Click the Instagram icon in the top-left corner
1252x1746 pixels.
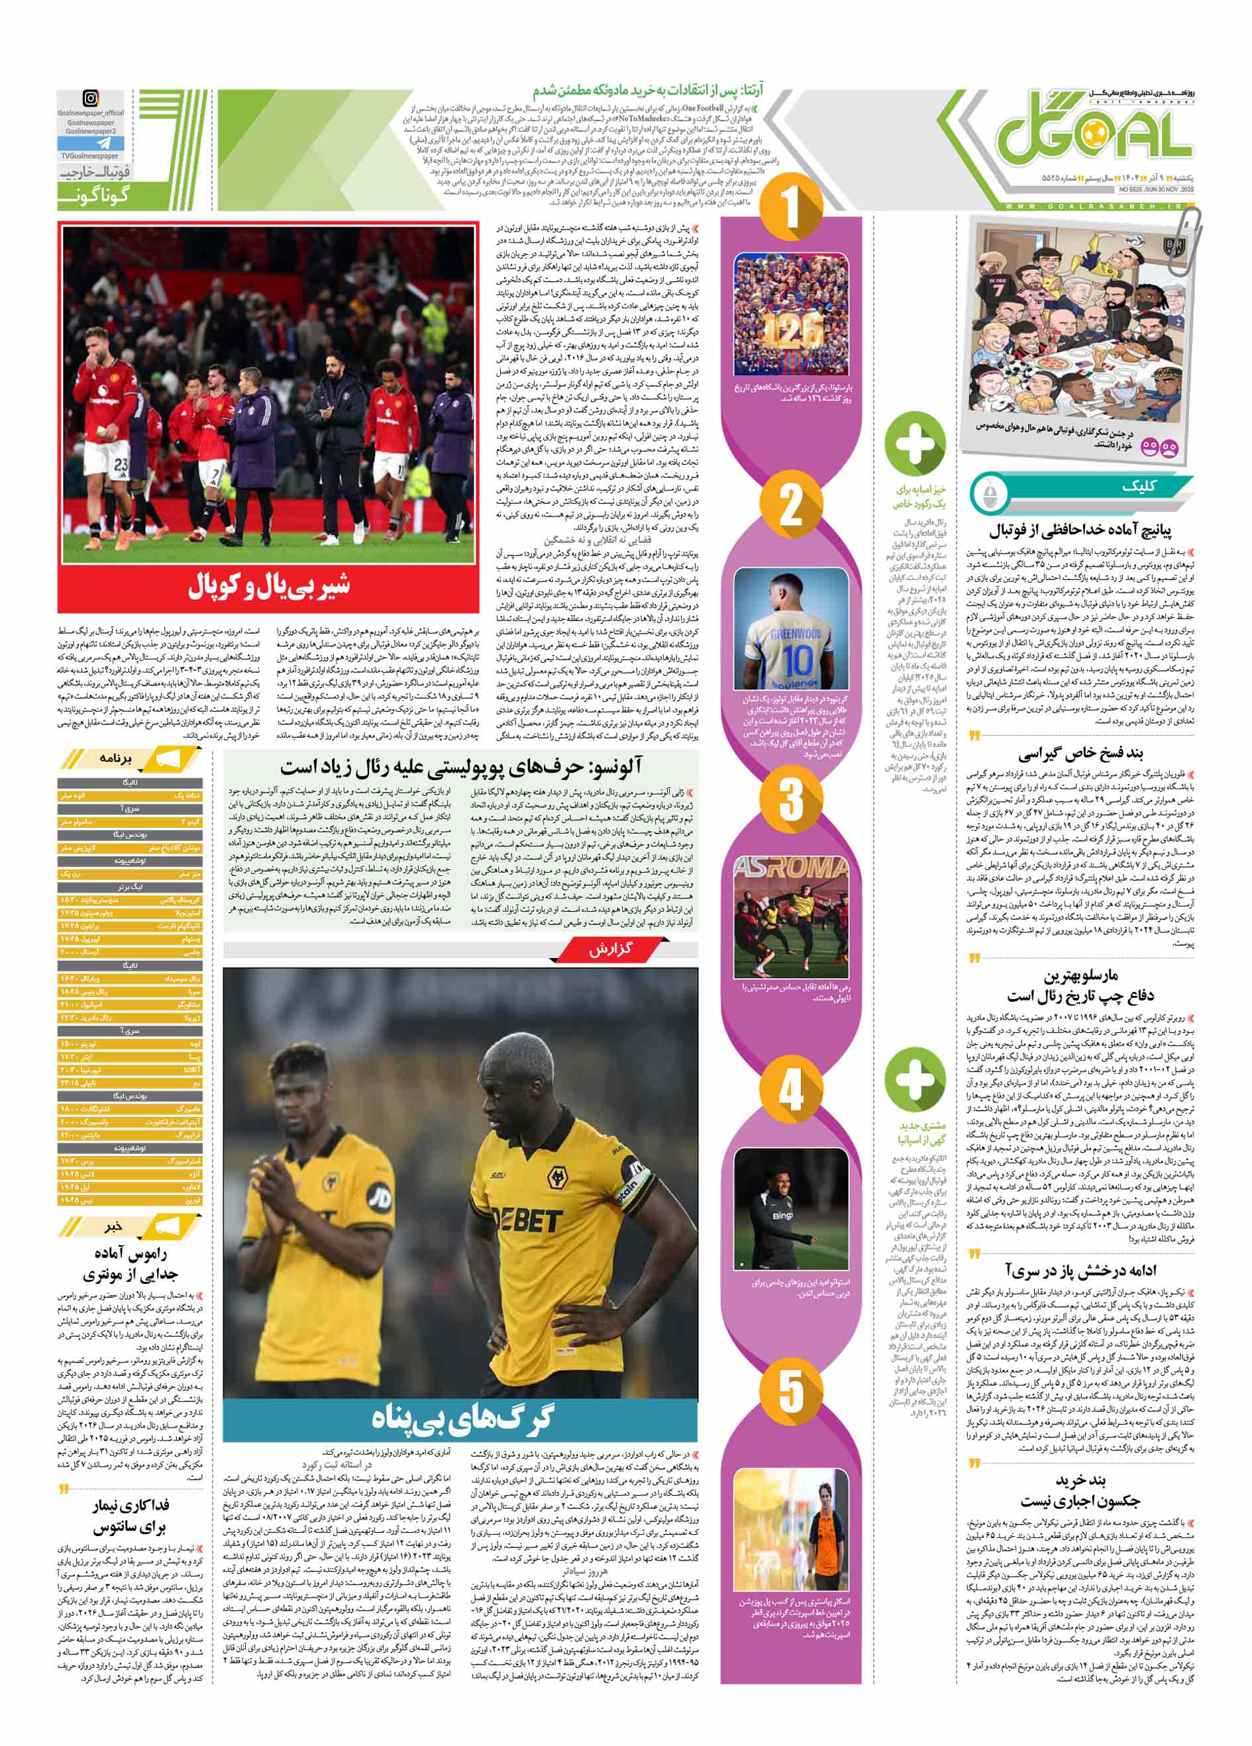click(91, 99)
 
